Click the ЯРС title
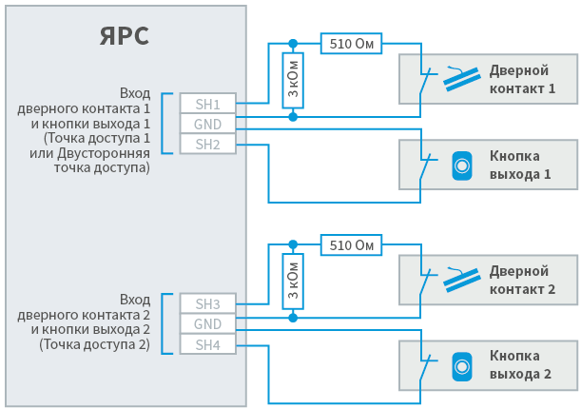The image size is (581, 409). [125, 36]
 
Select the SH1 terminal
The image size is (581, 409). [208, 104]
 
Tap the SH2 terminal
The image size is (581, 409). [208, 144]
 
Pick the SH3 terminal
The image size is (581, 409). [208, 303]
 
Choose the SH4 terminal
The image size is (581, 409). [208, 344]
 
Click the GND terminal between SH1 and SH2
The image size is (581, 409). [208, 124]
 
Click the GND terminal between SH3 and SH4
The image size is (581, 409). [208, 324]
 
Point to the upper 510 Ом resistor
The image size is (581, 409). [351, 44]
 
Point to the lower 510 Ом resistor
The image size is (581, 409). [351, 244]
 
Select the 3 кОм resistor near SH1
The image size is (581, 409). [293, 81]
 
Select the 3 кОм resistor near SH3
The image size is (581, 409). [293, 282]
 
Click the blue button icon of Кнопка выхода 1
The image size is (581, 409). [462, 166]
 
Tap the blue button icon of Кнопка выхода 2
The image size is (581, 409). [462, 367]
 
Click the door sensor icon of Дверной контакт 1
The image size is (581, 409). [462, 79]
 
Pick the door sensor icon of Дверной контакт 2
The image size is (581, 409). [462, 280]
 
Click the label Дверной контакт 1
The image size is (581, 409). [522, 79]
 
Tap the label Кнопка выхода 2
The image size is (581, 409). [520, 365]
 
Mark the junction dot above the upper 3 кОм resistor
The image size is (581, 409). [293, 44]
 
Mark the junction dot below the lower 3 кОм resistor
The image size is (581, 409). [293, 318]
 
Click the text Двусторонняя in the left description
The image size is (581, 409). [104, 153]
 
